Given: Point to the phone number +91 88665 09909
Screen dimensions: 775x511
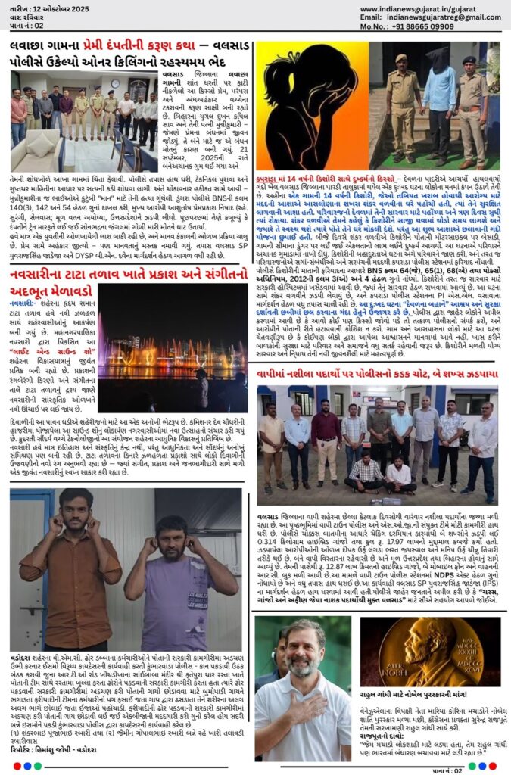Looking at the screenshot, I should coord(436,26).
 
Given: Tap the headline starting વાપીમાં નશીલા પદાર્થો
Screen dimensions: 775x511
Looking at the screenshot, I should coord(376,374).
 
